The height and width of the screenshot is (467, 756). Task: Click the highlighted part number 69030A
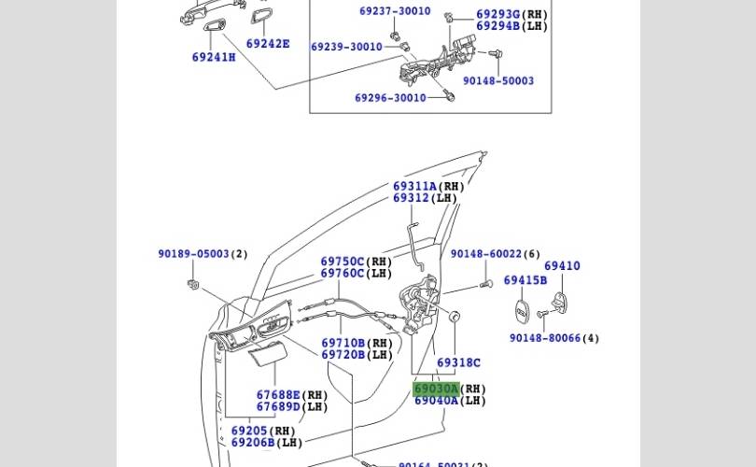point(436,389)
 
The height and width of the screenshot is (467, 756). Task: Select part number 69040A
point(436,401)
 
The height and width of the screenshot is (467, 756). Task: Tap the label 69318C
point(458,362)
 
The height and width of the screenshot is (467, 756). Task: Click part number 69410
point(562,266)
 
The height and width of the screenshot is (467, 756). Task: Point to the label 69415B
point(525,280)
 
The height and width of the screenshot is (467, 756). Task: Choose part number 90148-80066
point(544,338)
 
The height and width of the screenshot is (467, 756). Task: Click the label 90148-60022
point(485,254)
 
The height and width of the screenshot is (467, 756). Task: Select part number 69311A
point(414,187)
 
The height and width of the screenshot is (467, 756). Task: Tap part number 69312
point(411,198)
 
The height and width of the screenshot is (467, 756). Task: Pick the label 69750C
point(343,262)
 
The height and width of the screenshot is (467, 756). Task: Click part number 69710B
point(343,344)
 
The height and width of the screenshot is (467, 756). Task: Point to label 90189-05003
point(193,254)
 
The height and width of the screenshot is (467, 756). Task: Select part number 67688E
point(278,395)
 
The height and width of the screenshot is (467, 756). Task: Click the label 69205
point(249,432)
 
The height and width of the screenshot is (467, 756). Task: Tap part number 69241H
point(214,57)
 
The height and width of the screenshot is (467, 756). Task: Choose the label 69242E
point(268,44)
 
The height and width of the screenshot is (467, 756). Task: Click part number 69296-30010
point(390,98)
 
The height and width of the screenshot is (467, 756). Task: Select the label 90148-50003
point(498,81)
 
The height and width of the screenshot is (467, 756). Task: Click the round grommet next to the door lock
point(455,317)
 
